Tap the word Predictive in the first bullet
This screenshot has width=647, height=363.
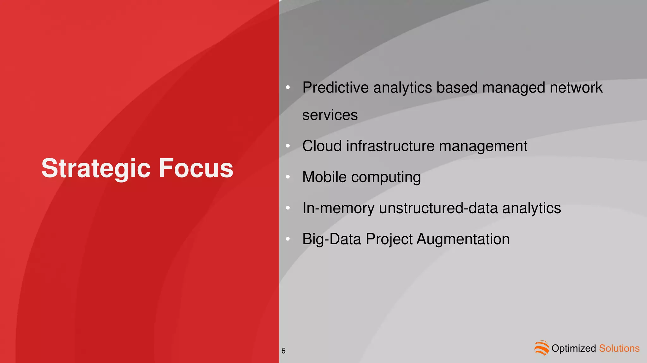click(x=335, y=88)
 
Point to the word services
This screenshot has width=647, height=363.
click(x=330, y=115)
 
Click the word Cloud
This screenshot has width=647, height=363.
click(x=322, y=146)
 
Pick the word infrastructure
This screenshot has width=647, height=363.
click(x=390, y=146)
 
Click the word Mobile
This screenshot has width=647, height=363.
click(x=324, y=177)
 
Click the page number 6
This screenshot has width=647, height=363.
click(x=283, y=351)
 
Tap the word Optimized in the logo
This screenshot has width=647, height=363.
click(x=573, y=348)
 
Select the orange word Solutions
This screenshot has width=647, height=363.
click(x=619, y=348)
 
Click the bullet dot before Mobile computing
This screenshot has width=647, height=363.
click(x=287, y=177)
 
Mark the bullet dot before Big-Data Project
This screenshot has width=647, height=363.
click(x=287, y=239)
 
